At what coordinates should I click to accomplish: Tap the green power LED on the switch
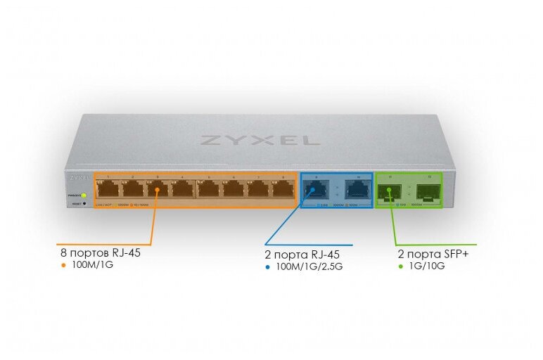pos(84,195)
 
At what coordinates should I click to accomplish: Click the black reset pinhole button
pos(84,204)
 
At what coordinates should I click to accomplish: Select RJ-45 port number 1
pos(108,188)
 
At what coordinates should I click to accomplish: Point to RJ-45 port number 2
pos(132,188)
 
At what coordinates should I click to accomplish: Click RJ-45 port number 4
pos(182,188)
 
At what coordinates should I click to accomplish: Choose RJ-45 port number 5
pos(208,188)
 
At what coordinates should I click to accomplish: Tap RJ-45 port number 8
pos(283,188)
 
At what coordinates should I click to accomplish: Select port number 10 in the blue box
pos(359,188)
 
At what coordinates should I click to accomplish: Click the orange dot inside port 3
pos(158,189)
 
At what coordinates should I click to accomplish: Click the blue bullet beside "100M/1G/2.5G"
pos(268,266)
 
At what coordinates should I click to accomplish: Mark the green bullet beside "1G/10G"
pos(401,266)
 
